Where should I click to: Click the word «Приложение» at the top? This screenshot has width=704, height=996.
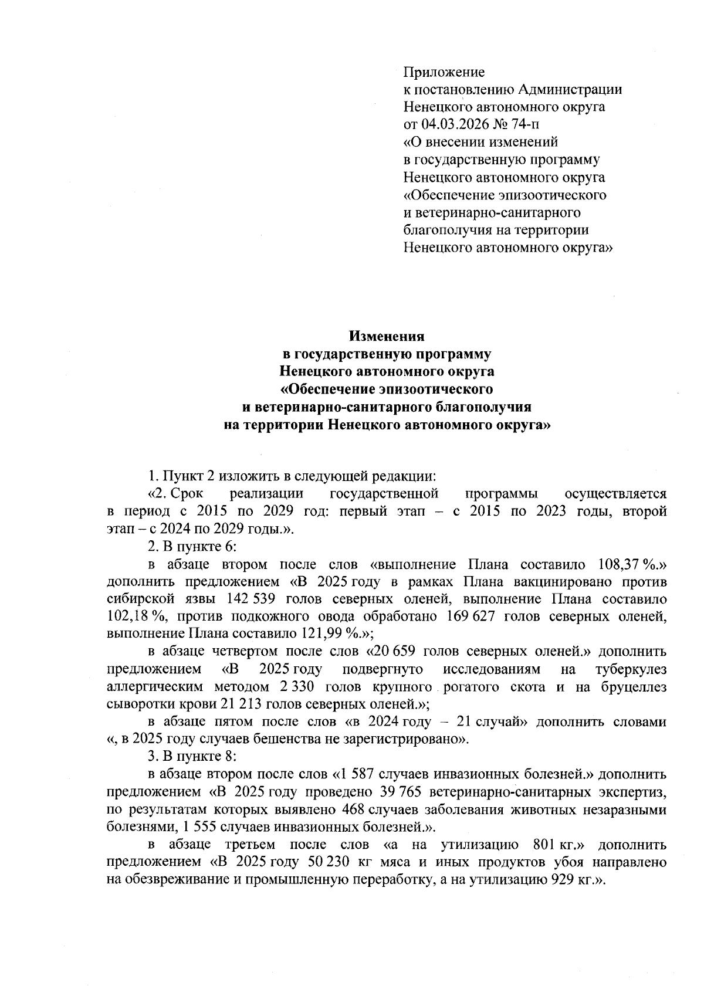coord(444,73)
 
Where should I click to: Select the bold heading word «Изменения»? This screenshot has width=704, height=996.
coord(387,337)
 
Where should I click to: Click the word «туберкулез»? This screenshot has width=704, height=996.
coord(630,670)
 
